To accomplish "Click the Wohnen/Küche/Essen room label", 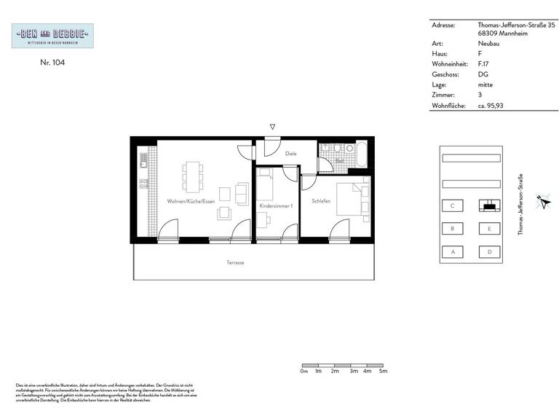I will (191, 201).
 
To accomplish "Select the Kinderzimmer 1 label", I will (276, 206).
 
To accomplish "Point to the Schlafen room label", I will (322, 201).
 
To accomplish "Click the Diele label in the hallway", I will (291, 154).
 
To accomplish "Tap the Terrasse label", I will (234, 262).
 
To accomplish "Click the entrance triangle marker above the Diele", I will (272, 127).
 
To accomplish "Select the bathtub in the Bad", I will (360, 156).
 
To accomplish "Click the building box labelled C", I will (453, 206).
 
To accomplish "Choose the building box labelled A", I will (453, 252).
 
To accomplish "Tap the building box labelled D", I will (489, 252).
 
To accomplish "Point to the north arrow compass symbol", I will (542, 203).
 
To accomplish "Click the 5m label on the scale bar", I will (383, 372).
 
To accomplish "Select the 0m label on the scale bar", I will (304, 372).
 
